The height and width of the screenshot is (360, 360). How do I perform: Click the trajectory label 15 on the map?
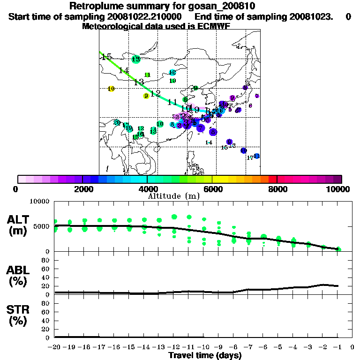[x=106, y=57]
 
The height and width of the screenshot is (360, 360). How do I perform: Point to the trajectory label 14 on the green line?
[x=124, y=70]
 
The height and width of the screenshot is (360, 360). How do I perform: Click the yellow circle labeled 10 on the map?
[x=111, y=89]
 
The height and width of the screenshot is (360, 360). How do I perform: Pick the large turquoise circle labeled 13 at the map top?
[x=136, y=59]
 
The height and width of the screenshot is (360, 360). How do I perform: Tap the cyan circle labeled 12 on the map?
[x=172, y=72]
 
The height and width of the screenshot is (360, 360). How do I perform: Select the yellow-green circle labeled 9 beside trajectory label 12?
[x=146, y=96]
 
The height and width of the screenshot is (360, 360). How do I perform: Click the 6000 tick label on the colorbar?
[x=212, y=189]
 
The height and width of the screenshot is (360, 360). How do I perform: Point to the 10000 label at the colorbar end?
[x=340, y=189]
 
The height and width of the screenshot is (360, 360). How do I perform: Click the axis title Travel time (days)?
[x=205, y=356]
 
